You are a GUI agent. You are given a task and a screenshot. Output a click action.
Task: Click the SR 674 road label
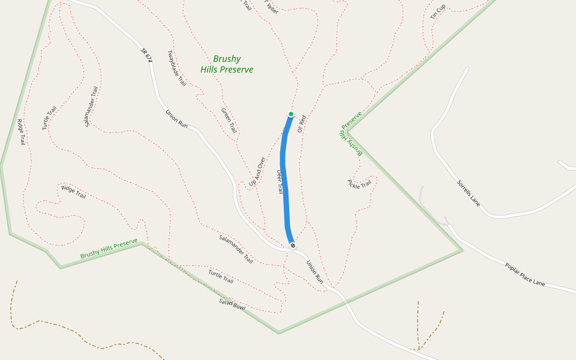pyautogui.click(x=146, y=55)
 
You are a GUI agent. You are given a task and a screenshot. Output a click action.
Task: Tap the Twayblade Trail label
pyautogui.click(x=177, y=68)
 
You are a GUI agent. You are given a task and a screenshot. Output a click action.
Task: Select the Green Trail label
pyautogui.click(x=229, y=121)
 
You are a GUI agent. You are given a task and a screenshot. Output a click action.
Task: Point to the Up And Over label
pyautogui.click(x=257, y=171)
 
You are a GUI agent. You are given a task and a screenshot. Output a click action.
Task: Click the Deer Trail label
pyautogui.click(x=279, y=181)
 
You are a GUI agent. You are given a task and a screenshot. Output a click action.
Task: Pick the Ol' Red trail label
pyautogui.click(x=302, y=123)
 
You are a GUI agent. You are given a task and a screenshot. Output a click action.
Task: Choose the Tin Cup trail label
pyautogui.click(x=438, y=11)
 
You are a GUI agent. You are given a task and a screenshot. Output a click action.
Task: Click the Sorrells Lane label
pyautogui.click(x=469, y=193)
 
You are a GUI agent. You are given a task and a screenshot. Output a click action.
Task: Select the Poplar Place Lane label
pyautogui.click(x=524, y=274)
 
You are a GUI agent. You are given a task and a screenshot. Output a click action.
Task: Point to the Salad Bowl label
pyautogui.click(x=232, y=304)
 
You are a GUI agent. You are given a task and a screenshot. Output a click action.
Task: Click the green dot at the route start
pyautogui.click(x=291, y=114)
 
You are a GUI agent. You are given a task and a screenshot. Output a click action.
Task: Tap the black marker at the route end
pyautogui.click(x=292, y=245)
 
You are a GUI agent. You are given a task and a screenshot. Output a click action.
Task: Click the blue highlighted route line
pyautogui.click(x=284, y=180)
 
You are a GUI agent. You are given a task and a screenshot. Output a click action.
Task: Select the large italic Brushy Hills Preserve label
pyautogui.click(x=227, y=64)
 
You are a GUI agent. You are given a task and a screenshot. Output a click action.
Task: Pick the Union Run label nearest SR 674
pyautogui.click(x=177, y=118)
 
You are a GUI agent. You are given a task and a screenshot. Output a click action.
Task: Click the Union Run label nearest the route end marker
pyautogui.click(x=314, y=271)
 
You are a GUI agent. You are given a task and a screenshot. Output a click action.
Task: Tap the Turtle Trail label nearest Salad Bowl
pyautogui.click(x=221, y=277)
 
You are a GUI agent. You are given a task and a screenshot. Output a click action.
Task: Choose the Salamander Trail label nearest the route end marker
pyautogui.click(x=236, y=249)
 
